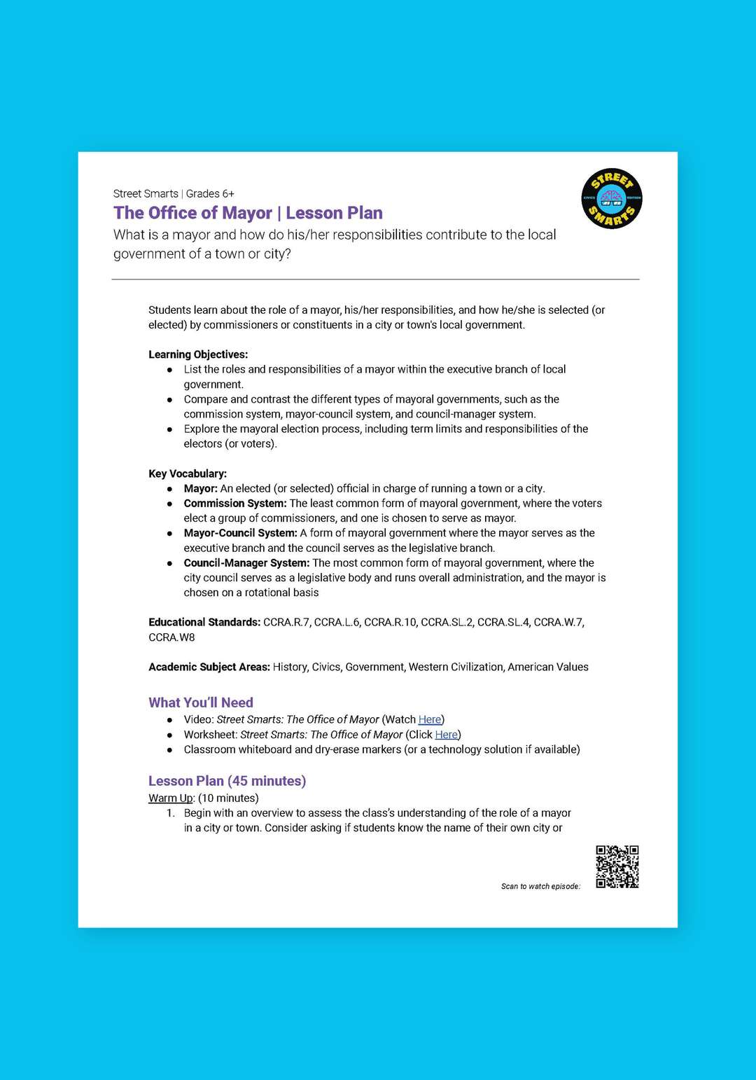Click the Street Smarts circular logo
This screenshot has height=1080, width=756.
611,199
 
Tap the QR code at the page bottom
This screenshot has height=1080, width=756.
617,866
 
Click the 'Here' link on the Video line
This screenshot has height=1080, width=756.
430,719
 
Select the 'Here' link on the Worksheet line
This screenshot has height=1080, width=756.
447,735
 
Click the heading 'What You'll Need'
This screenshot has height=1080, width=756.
201,702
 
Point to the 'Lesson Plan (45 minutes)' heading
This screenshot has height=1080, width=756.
227,781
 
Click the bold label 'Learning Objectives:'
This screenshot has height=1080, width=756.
198,354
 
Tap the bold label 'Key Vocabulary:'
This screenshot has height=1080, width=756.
188,473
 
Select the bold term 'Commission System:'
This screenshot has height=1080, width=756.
235,504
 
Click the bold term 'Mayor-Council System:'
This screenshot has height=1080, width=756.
240,533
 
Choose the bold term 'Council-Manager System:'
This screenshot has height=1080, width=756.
246,563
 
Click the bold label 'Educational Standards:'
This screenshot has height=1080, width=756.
204,622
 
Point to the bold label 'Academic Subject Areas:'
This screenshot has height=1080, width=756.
209,667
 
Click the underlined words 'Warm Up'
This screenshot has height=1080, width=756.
170,798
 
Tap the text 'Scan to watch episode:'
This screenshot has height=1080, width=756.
540,887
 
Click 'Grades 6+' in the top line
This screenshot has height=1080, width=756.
210,194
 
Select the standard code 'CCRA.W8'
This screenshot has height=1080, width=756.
171,637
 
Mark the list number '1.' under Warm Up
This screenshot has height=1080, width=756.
171,813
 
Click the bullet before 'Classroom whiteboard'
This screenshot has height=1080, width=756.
169,750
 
